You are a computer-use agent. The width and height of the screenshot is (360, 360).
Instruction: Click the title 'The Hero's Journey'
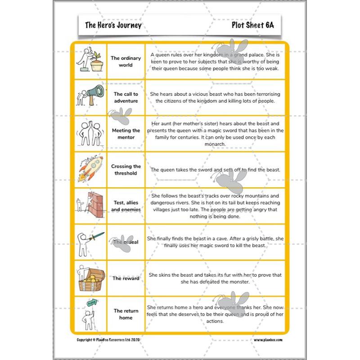[113, 25]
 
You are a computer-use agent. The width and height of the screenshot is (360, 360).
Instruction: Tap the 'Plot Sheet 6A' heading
[252, 25]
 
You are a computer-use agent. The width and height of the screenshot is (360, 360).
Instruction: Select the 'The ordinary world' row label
[126, 61]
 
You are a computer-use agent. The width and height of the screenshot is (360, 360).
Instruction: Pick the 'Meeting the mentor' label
[126, 134]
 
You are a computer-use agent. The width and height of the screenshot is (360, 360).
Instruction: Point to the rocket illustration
[90, 169]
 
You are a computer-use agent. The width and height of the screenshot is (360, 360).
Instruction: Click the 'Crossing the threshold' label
[126, 170]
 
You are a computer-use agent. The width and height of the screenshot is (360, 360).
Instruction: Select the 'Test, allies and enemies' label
[126, 206]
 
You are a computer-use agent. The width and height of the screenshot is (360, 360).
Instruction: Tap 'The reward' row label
[126, 278]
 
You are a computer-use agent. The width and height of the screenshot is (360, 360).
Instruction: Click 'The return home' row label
[126, 314]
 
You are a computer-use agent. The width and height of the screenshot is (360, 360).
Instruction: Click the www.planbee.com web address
[268, 340]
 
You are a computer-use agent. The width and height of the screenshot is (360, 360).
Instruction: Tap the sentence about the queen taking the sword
[215, 170]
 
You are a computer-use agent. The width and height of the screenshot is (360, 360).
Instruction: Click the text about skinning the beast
[215, 278]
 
